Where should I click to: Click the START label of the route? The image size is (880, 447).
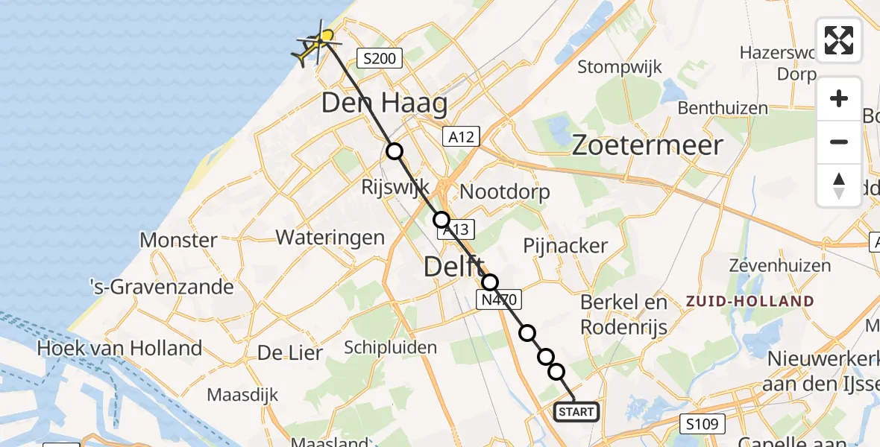click(576, 412)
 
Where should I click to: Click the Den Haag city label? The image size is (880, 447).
click(384, 104)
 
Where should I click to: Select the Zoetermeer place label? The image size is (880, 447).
click(647, 145)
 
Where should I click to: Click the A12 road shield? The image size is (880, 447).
click(462, 136)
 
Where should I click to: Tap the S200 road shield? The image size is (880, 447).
click(380, 58)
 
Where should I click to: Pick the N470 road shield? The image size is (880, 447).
click(497, 299)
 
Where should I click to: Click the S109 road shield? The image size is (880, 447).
click(703, 425)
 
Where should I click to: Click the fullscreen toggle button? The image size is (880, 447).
click(839, 40)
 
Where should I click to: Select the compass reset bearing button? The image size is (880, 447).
click(839, 185)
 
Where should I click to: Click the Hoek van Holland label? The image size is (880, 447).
click(119, 348)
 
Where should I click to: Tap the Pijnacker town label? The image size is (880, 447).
click(565, 245)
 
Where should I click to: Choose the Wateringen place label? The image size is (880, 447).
click(330, 238)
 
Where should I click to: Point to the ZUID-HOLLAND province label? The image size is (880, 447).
click(750, 302)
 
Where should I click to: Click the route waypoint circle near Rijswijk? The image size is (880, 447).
click(395, 151)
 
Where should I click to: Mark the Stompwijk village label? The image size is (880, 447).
click(620, 67)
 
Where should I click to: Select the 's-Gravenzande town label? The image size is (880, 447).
click(162, 287)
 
